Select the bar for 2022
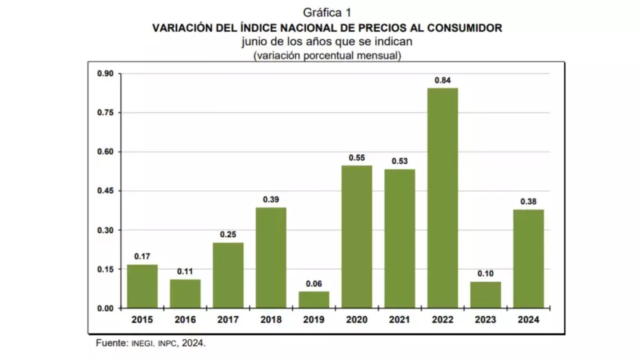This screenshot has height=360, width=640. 442,198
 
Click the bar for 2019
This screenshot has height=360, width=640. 314,300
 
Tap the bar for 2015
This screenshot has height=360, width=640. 142,286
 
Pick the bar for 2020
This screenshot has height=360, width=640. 357,237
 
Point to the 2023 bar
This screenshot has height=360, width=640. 486,294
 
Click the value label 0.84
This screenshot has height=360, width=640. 442,80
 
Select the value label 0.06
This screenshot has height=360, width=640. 314,283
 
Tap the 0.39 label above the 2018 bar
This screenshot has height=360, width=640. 271,199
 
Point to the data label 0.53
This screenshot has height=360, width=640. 399,161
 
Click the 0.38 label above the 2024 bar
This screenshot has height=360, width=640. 528,201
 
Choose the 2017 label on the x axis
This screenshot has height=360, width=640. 228,319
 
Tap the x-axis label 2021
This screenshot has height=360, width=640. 399,319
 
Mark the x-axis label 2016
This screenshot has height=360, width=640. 185,319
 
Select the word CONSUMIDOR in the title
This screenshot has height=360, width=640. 466,28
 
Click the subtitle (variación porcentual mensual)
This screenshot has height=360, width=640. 327,55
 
